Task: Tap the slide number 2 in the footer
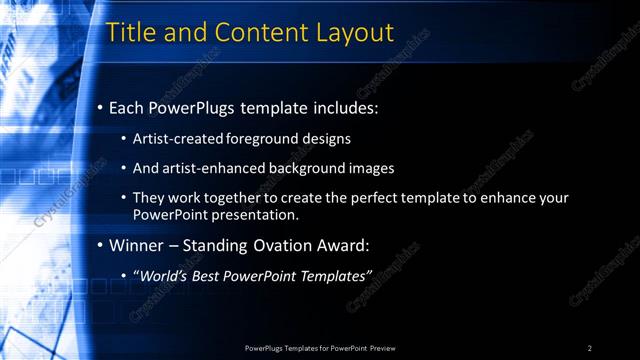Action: coord(590,348)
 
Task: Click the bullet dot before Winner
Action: coord(101,246)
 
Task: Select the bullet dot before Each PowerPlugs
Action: coord(101,107)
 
